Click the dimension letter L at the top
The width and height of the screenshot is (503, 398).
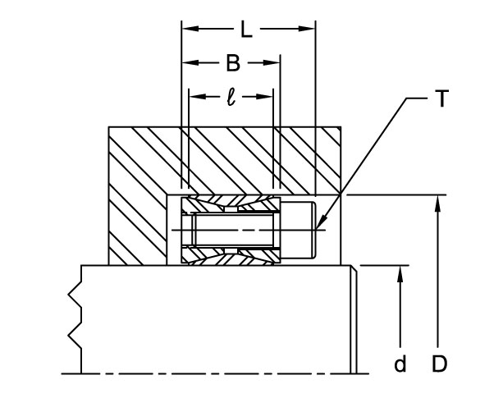coord(246,30)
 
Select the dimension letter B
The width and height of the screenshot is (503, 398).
coord(233,62)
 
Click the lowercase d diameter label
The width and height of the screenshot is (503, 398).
coord(400,364)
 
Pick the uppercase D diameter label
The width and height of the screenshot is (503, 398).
coord(440,363)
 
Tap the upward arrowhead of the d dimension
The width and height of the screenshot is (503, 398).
coord(400,272)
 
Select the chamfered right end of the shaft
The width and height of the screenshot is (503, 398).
coord(354,320)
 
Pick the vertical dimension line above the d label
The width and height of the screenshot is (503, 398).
coord(400,312)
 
